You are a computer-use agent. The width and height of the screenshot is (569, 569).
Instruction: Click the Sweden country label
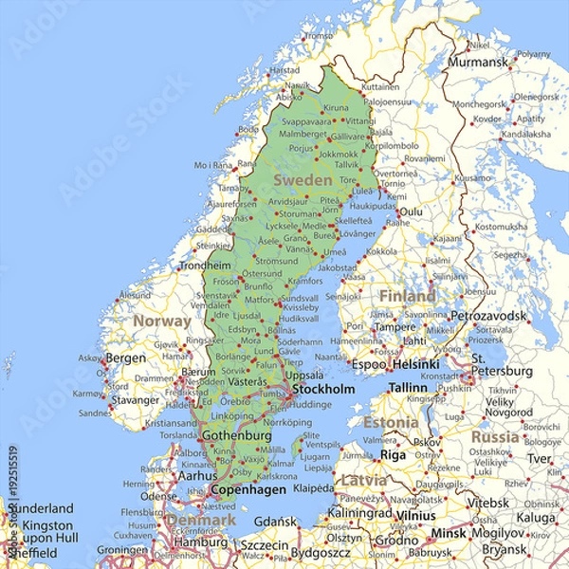pyautogui.click(x=303, y=180)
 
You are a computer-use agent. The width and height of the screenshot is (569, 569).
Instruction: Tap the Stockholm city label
pyautogui.click(x=323, y=389)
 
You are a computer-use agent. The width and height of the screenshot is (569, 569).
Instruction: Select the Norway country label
pyautogui.click(x=161, y=321)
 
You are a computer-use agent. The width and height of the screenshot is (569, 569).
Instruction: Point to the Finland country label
pyautogui.click(x=407, y=296)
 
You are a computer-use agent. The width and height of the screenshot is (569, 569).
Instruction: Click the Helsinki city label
pyautogui.click(x=415, y=363)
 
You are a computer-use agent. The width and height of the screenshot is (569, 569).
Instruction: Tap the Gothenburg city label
pyautogui.click(x=237, y=435)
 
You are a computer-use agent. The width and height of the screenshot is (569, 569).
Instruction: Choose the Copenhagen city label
pyautogui.click(x=247, y=489)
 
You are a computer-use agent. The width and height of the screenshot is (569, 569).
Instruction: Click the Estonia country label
pyautogui.click(x=390, y=421)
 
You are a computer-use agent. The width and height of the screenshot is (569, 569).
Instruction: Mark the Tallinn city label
pyautogui.click(x=409, y=388)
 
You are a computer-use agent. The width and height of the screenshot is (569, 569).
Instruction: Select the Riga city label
pyautogui.click(x=393, y=455)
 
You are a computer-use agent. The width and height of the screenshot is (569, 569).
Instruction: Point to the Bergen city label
pyautogui.click(x=125, y=358)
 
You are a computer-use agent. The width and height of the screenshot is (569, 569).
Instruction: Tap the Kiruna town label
pyautogui.click(x=337, y=108)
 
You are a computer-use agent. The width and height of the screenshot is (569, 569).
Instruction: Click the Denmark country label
pyautogui.click(x=201, y=520)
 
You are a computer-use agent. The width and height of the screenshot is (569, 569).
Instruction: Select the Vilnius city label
pyautogui.click(x=415, y=514)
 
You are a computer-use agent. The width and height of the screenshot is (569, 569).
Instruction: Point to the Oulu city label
pyautogui.click(x=410, y=211)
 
